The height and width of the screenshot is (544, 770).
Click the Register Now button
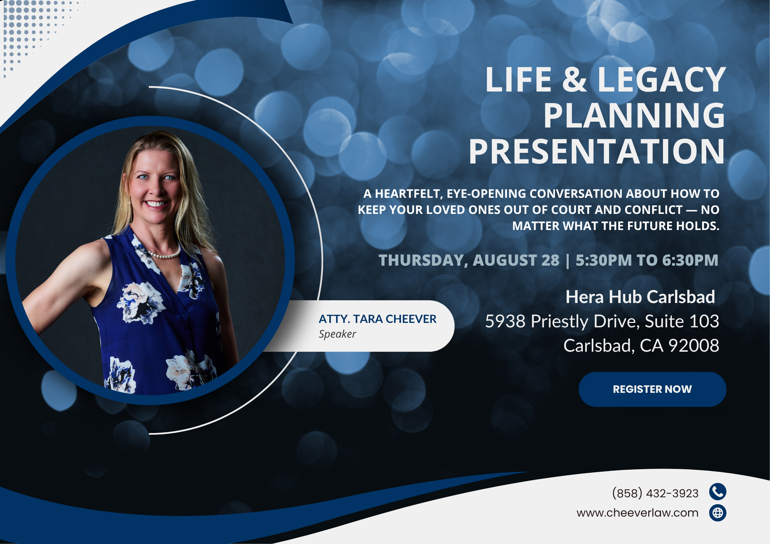click(652, 389)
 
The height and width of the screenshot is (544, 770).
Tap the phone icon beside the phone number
click(718, 492)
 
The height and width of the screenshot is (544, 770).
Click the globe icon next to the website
click(718, 513)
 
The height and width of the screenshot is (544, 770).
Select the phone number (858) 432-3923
click(655, 493)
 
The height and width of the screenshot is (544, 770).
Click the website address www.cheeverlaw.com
click(637, 513)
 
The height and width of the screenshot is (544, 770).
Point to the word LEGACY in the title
click(662, 80)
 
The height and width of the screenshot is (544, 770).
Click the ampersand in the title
click(574, 80)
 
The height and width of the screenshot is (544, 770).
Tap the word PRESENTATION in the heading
click(597, 151)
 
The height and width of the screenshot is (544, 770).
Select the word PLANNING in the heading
click(634, 116)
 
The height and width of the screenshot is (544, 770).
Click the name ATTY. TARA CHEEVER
click(377, 319)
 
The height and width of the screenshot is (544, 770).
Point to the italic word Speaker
click(337, 334)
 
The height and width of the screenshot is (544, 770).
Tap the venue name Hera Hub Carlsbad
click(640, 297)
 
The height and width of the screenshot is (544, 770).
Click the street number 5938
click(505, 321)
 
